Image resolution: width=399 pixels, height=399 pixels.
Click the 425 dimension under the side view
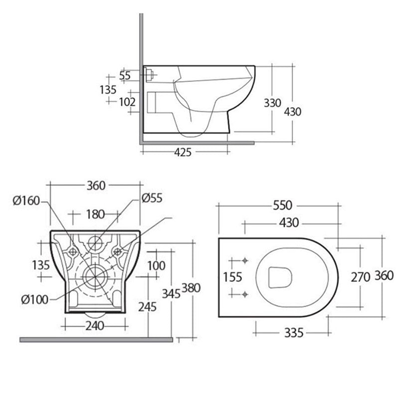183,153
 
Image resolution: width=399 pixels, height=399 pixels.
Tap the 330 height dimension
273,103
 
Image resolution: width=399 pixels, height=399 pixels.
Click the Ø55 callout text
152,198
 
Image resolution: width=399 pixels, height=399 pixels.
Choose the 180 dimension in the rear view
95,214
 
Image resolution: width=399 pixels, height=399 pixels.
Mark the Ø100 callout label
34,299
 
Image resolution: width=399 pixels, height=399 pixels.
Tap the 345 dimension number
171,293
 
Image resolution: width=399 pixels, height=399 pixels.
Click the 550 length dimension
282,205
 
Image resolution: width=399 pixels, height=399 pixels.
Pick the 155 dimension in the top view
232,277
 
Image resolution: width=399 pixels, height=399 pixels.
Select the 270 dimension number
360,277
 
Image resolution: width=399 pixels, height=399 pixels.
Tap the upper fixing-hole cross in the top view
244,261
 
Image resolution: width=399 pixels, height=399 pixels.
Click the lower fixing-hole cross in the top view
244,294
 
